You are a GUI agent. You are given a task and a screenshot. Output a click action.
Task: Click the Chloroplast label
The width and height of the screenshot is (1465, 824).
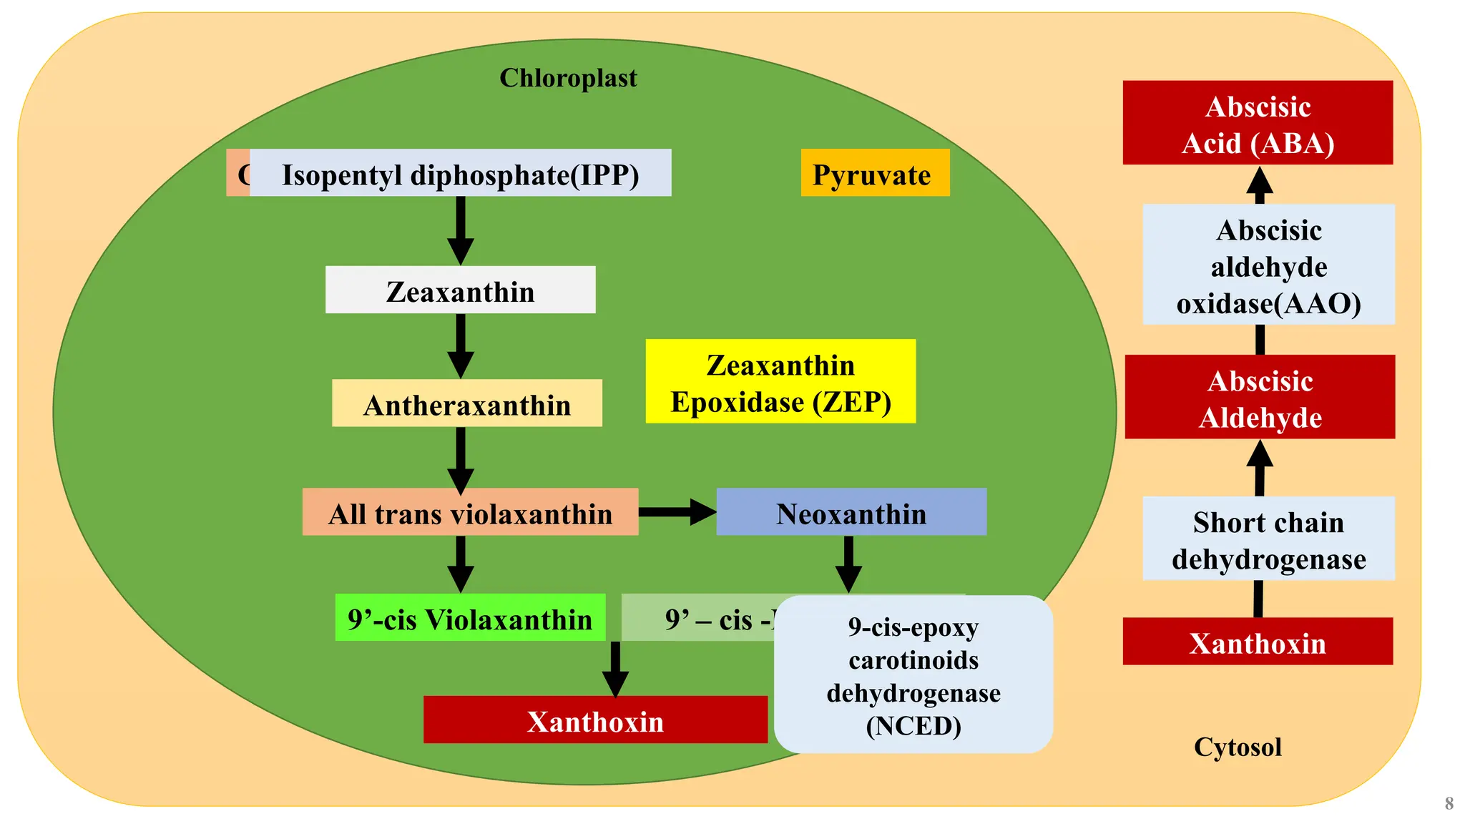(x=568, y=78)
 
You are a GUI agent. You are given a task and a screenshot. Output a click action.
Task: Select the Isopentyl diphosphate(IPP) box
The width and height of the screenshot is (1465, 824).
(x=460, y=174)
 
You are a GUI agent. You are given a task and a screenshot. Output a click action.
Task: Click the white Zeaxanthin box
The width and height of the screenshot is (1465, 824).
(x=460, y=290)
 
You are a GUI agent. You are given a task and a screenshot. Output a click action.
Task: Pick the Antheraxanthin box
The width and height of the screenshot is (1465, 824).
(x=466, y=404)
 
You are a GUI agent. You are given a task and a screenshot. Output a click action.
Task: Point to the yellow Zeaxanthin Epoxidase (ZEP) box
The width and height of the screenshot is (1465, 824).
(x=780, y=382)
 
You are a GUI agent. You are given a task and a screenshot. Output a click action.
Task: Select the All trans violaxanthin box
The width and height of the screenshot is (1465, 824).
(x=470, y=513)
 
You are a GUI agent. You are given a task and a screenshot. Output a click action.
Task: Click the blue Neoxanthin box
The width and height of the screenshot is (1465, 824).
(x=851, y=512)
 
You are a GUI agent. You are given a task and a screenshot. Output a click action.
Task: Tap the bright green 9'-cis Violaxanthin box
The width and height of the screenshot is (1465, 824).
(x=470, y=618)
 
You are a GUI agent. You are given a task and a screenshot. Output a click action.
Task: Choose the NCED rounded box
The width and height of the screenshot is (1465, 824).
(x=913, y=675)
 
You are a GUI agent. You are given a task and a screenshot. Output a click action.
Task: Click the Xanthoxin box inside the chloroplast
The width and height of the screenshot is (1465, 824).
(x=594, y=720)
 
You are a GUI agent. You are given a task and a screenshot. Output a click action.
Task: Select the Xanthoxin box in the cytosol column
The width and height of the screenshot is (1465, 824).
(x=1257, y=642)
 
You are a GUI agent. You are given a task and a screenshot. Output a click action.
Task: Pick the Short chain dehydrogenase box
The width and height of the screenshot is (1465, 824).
(x=1268, y=539)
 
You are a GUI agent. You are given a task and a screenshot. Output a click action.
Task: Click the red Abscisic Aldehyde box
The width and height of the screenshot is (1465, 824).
(x=1259, y=398)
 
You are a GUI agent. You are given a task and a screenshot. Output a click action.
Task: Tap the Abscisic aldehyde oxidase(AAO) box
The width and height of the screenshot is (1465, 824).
(x=1268, y=265)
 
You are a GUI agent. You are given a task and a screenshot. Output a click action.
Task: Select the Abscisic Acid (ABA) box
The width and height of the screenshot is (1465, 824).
(x=1257, y=124)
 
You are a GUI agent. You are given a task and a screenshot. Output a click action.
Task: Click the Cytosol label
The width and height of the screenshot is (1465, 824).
(x=1237, y=747)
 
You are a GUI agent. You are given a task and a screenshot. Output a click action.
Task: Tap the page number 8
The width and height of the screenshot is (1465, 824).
(x=1449, y=803)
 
